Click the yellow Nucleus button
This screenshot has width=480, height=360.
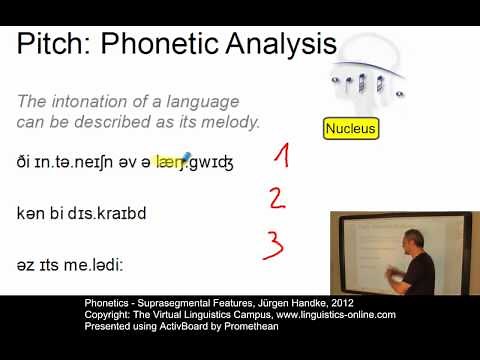click(351, 129)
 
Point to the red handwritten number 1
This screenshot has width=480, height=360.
click(282, 155)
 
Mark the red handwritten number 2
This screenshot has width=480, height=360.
click(277, 197)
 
